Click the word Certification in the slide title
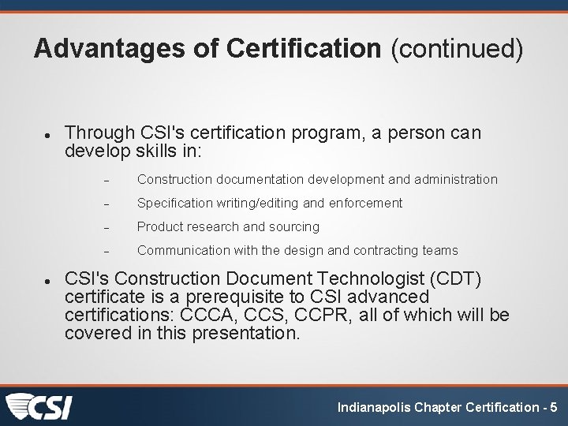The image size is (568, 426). pos(304,49)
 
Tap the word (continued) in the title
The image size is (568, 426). pos(457,49)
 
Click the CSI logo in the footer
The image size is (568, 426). pos(39,407)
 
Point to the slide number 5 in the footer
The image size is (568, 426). pos(554,407)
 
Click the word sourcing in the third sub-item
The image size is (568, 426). pos(293,226)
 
